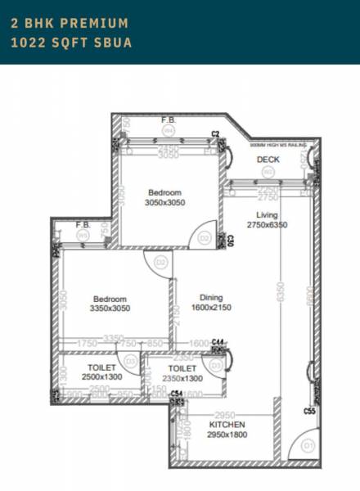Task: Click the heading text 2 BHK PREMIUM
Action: (x=70, y=23)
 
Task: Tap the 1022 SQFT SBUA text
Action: (x=71, y=42)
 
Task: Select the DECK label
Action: (x=268, y=159)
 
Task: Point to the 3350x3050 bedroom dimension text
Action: (x=110, y=308)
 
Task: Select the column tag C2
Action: (x=216, y=133)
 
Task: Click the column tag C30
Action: (x=231, y=241)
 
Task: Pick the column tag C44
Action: (x=218, y=341)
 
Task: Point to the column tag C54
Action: (x=177, y=394)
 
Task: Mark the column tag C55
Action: (x=309, y=411)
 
